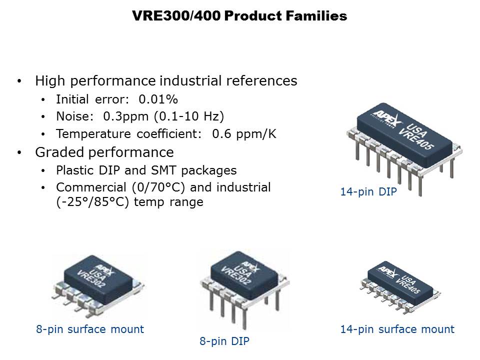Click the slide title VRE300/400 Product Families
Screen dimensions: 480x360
click(x=239, y=15)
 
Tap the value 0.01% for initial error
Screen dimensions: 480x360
click(x=158, y=99)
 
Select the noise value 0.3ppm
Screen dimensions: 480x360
click(x=126, y=116)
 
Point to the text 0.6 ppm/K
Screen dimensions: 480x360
click(x=244, y=134)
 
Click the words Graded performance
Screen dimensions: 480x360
click(x=104, y=152)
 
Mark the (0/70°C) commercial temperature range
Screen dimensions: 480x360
click(x=158, y=187)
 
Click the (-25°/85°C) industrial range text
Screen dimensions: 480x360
click(x=92, y=202)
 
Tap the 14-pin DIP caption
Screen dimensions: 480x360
click(x=368, y=192)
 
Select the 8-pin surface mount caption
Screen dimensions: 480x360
click(x=90, y=329)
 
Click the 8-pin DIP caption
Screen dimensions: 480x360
click(x=224, y=341)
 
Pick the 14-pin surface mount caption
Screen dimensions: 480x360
click(x=397, y=329)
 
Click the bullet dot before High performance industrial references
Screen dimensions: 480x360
click(x=19, y=81)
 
